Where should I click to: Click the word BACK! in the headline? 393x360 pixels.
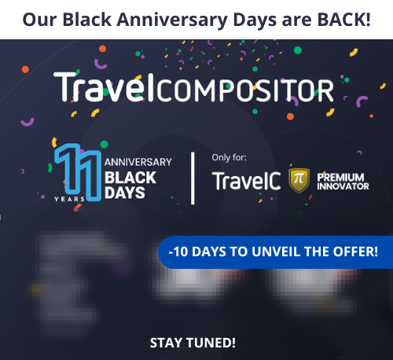(x=342, y=19)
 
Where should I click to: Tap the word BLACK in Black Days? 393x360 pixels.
(x=130, y=178)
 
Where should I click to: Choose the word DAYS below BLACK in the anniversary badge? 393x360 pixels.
(x=123, y=193)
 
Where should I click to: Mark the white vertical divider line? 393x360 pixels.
(x=194, y=177)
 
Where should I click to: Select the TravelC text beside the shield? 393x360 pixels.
(x=245, y=181)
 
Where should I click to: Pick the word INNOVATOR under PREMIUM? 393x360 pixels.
(x=342, y=186)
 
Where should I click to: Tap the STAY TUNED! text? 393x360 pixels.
(x=193, y=343)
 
